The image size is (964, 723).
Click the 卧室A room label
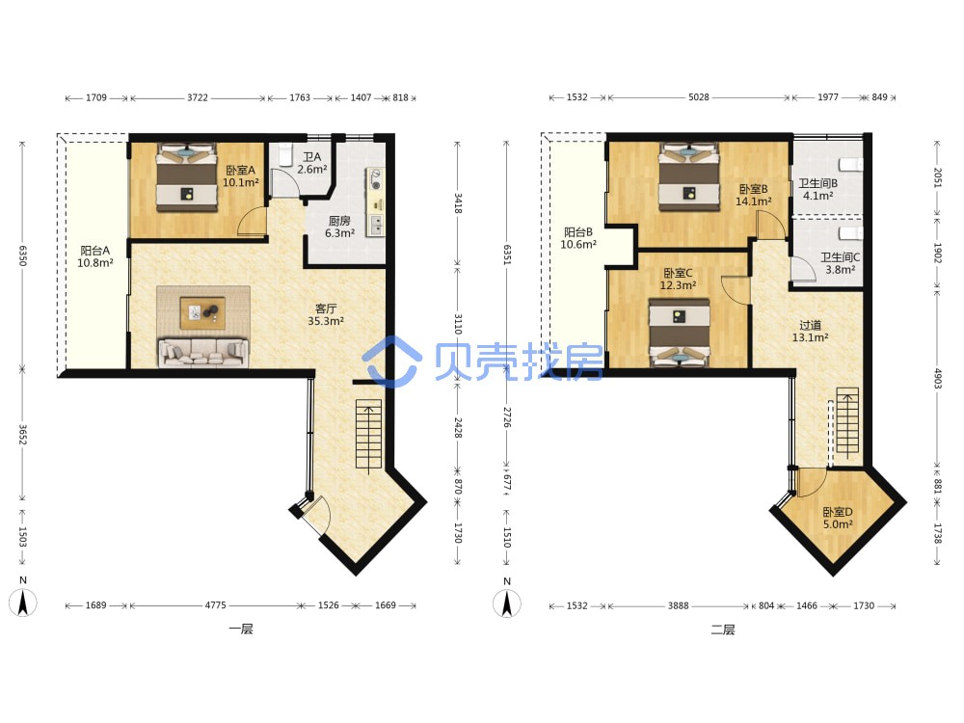coord(240,171)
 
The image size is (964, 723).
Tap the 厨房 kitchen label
coord(339,221)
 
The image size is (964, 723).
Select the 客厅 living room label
coord(326,308)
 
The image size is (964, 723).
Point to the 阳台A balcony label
coord(95,251)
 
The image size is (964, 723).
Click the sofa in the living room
coord(202,353)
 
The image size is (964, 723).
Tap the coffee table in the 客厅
coord(202,313)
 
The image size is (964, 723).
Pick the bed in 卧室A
coord(187,178)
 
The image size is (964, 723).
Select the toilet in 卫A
coord(285,156)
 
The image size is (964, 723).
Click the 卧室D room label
coord(838,512)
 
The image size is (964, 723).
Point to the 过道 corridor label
coord(811,325)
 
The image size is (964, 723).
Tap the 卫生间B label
coord(817,183)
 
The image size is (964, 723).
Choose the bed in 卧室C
coord(680,333)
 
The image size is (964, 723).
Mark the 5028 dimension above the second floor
coord(698,97)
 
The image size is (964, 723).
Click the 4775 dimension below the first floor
coord(215,605)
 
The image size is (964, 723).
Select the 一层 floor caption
coord(240,629)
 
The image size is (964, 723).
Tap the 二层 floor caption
coord(723,629)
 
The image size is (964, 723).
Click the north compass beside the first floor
coord(23,602)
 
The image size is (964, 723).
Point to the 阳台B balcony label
coord(578,232)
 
